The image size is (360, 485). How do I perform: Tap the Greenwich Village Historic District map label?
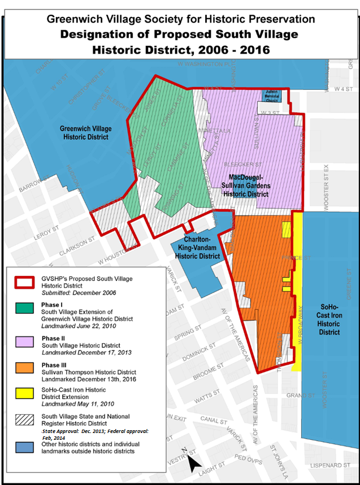(x=86, y=133)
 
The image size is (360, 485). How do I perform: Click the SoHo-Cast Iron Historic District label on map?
(x=328, y=319)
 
